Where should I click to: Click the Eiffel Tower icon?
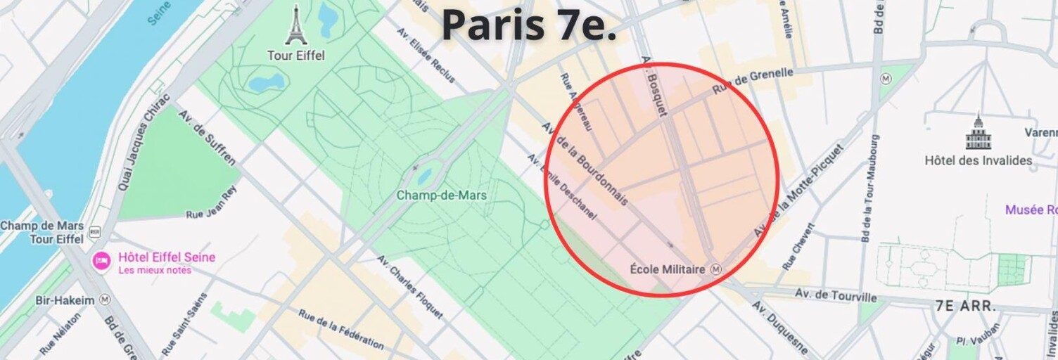pyautogui.click(x=296, y=25)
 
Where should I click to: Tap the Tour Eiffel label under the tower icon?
pyautogui.click(x=296, y=56)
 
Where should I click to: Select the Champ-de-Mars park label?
pyautogui.click(x=441, y=195)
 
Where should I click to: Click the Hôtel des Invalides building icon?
pyautogui.click(x=978, y=133)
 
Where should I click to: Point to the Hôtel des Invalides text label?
pyautogui.click(x=978, y=160)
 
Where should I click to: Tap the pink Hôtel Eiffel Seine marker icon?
pyautogui.click(x=101, y=261)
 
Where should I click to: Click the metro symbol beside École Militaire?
pyautogui.click(x=716, y=269)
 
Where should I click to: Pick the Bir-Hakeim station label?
pyautogui.click(x=65, y=300)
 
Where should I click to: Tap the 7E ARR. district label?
pyautogui.click(x=965, y=306)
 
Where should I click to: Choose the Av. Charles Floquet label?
pyautogui.click(x=410, y=287)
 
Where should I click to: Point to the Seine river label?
pyautogui.click(x=160, y=13)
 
